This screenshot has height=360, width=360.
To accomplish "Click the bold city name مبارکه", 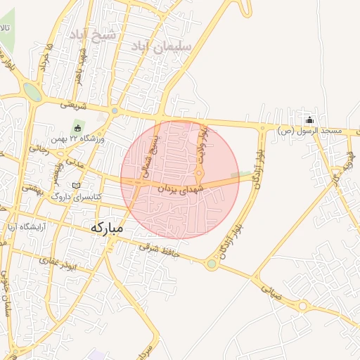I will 107,228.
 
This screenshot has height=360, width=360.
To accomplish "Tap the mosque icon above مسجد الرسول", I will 309,119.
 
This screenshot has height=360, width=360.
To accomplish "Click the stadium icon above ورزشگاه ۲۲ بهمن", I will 77,128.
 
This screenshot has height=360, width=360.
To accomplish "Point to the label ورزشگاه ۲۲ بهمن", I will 81,139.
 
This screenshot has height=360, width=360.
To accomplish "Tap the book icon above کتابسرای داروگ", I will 77,185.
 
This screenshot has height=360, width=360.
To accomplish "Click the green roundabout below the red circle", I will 211,264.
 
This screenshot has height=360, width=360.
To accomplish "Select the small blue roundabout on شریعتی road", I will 115,110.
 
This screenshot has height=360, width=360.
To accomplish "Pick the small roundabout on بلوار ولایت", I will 199,174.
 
